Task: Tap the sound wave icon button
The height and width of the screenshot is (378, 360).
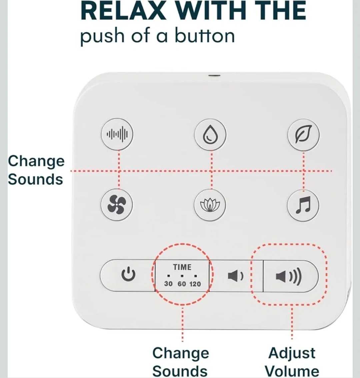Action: coord(117,134)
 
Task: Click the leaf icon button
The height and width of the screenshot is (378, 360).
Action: coord(303,134)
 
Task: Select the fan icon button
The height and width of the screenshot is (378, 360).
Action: coord(117,205)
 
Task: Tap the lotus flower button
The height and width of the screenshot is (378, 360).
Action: coord(210,205)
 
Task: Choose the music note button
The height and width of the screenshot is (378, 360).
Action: coord(303,205)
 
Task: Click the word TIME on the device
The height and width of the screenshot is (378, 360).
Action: coord(182,267)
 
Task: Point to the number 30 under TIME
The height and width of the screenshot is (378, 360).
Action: coord(168,284)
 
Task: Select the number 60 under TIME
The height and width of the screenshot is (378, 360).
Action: coord(182,284)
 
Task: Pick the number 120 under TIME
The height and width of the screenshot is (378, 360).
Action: coord(195,284)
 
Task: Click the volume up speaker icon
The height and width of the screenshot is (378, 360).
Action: coord(288,276)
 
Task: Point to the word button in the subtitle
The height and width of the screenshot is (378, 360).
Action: coord(204,36)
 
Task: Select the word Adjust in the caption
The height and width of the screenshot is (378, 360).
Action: coord(292,353)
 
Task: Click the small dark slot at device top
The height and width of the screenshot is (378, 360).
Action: coord(214,75)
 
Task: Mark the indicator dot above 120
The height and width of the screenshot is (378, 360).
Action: coord(196,276)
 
